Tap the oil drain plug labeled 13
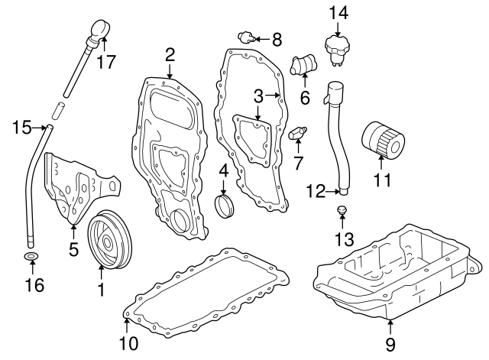(342, 210)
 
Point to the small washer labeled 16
(31, 256)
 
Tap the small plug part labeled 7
(296, 133)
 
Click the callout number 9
(390, 345)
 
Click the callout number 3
(257, 96)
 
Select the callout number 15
(22, 127)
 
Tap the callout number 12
(316, 190)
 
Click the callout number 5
(73, 249)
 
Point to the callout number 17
(108, 62)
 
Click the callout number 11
(382, 180)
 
